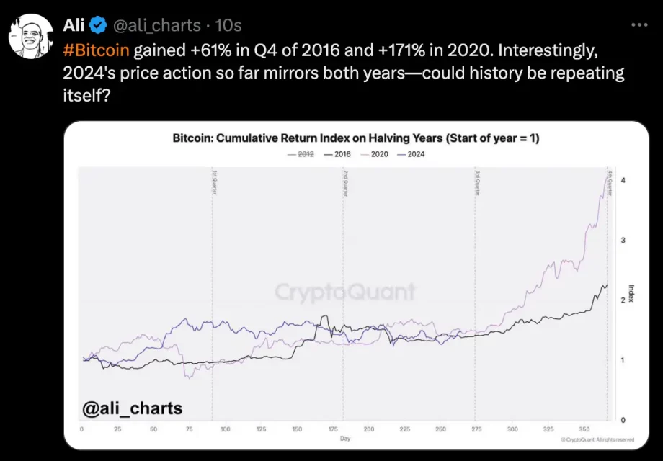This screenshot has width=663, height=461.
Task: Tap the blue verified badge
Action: click(x=98, y=25)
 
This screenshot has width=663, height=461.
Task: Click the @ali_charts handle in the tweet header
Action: click(x=156, y=25)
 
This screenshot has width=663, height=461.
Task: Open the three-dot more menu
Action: click(x=639, y=24)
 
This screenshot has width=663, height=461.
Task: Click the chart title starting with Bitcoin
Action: click(x=355, y=138)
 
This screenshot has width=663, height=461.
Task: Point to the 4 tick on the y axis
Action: click(x=622, y=180)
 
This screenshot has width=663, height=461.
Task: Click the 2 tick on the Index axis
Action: click(x=622, y=300)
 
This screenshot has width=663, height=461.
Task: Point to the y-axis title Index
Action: click(x=631, y=293)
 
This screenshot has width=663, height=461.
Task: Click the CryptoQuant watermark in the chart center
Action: click(x=345, y=292)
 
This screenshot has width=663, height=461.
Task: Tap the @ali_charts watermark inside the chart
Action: click(x=133, y=408)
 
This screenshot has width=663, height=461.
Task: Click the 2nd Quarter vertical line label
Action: click(x=345, y=183)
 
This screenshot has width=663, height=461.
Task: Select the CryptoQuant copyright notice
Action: click(x=597, y=439)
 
